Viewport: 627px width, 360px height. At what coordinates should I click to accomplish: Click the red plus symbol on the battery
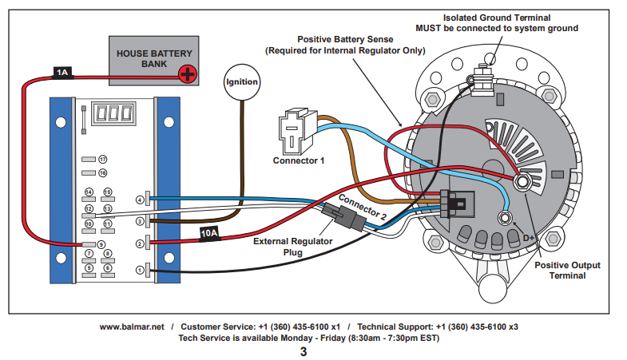coord(187,75)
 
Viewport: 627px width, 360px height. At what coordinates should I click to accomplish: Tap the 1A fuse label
coord(63,73)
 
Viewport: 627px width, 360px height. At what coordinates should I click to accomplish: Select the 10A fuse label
coord(209,233)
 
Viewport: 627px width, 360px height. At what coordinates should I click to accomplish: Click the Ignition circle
coord(242,81)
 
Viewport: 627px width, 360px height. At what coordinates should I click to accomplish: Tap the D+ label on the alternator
coord(529,238)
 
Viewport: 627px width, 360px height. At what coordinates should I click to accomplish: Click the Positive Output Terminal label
coord(568,270)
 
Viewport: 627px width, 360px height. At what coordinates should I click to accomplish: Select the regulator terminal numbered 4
coord(140,199)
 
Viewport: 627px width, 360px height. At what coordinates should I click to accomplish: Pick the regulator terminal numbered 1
coord(140,271)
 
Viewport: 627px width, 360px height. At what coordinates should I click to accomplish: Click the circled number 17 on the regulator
coord(103,160)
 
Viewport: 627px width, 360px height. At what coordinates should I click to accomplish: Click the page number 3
coord(303,351)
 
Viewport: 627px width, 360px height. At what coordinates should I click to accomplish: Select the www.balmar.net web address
coord(132,326)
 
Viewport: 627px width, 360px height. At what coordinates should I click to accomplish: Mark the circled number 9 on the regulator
coord(101,243)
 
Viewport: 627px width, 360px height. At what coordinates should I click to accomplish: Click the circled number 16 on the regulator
coord(103,172)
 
